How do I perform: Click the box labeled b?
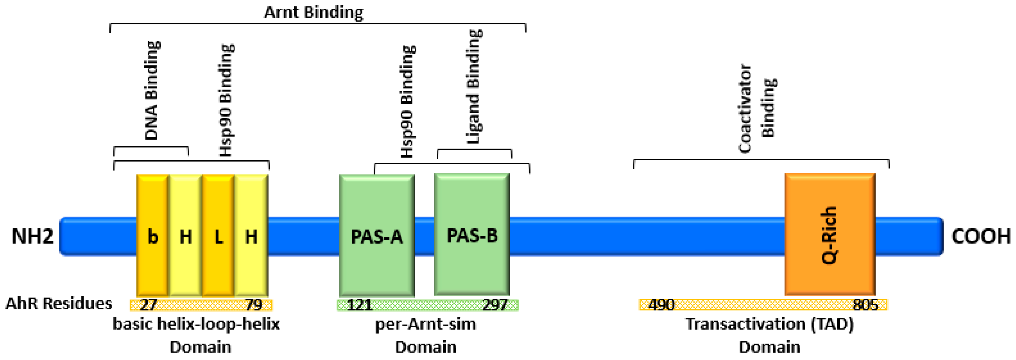click(153, 236)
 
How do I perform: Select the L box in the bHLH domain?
click(218, 236)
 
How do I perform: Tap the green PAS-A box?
click(377, 236)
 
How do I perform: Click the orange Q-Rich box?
click(830, 235)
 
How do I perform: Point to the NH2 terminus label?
click(32, 237)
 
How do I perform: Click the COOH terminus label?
click(981, 237)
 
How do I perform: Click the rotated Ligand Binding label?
click(474, 87)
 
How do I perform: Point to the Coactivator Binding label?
click(756, 108)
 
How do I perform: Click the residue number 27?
click(148, 305)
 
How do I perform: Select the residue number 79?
click(253, 305)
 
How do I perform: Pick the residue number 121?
click(359, 305)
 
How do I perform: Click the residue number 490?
click(661, 305)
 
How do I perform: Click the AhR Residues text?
click(59, 303)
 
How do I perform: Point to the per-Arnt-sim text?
click(425, 324)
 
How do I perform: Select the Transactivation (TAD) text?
click(770, 324)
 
